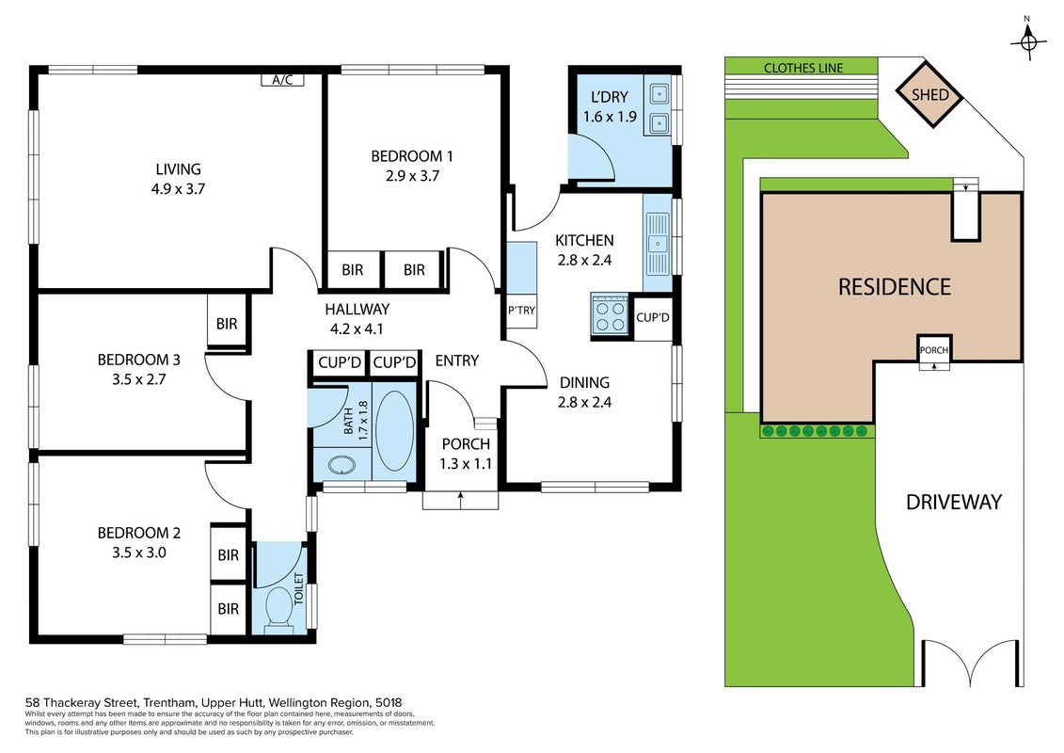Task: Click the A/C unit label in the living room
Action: pos(282,79)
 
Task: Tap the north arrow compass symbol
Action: pos(1028,42)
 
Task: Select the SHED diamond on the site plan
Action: pos(929,94)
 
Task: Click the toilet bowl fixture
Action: pos(278,607)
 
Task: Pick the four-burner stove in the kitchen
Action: pos(610,315)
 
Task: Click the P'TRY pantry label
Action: pos(521,311)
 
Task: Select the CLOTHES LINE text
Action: pos(803,68)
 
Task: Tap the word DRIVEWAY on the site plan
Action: pos(953,502)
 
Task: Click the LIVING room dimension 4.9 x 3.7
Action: pos(178,189)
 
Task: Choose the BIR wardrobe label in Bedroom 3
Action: pos(227,324)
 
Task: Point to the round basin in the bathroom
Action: pos(341,466)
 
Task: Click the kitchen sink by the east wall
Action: pos(658,244)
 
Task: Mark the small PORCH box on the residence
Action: pos(934,350)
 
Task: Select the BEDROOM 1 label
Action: pos(411,156)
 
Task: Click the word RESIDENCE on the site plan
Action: pos(895,287)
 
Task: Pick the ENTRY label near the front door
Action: pos(456,360)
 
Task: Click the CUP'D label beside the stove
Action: pos(653,317)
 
